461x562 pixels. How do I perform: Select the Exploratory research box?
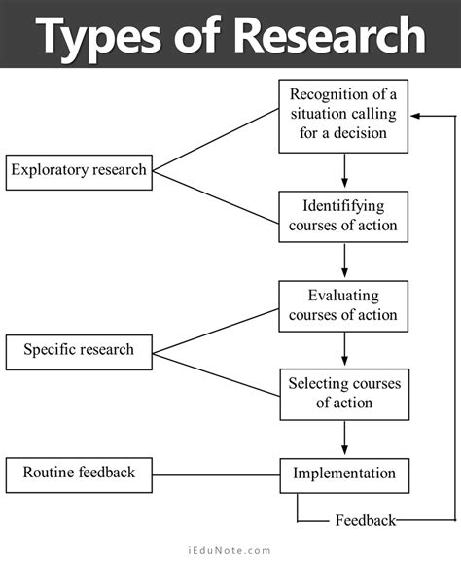point(78,170)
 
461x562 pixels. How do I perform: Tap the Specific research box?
point(79,349)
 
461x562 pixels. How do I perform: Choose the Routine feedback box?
point(79,474)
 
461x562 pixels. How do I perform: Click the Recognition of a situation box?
point(343,116)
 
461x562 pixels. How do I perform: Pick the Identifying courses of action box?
point(343,216)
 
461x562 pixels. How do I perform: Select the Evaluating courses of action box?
point(343,305)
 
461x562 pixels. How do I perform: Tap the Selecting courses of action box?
point(343,393)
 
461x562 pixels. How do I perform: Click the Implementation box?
point(343,474)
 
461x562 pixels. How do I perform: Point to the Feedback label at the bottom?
point(365,520)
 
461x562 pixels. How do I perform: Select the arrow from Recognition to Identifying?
point(344,171)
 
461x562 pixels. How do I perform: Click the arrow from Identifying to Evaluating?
point(344,261)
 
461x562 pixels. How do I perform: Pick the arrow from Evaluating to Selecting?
point(344,348)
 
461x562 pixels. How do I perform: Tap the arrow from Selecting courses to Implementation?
point(344,437)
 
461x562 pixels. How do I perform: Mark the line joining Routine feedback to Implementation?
point(216,474)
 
